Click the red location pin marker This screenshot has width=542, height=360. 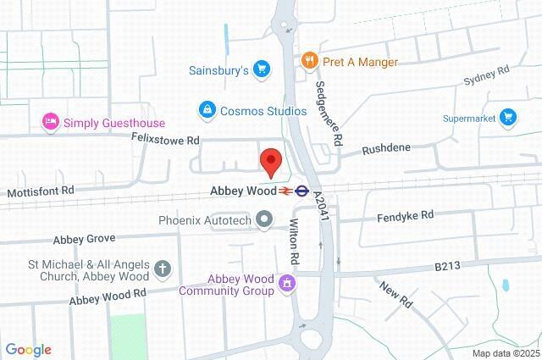270,161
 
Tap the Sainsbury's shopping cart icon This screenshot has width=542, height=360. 262,69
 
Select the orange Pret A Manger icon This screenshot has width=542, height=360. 310,61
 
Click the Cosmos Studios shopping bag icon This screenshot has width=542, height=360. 207,109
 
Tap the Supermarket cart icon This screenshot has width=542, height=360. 508,116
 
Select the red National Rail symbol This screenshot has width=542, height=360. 282,191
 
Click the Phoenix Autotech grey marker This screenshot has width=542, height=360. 264,220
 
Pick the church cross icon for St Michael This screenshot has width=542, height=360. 163,269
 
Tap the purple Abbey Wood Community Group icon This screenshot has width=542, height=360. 287,284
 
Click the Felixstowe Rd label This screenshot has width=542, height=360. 165,139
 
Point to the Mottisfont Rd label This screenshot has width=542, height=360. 41,192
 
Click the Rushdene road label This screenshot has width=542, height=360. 386,148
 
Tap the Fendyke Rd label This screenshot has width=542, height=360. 405,216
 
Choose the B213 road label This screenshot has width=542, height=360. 447,266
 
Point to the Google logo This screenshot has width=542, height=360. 28,349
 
